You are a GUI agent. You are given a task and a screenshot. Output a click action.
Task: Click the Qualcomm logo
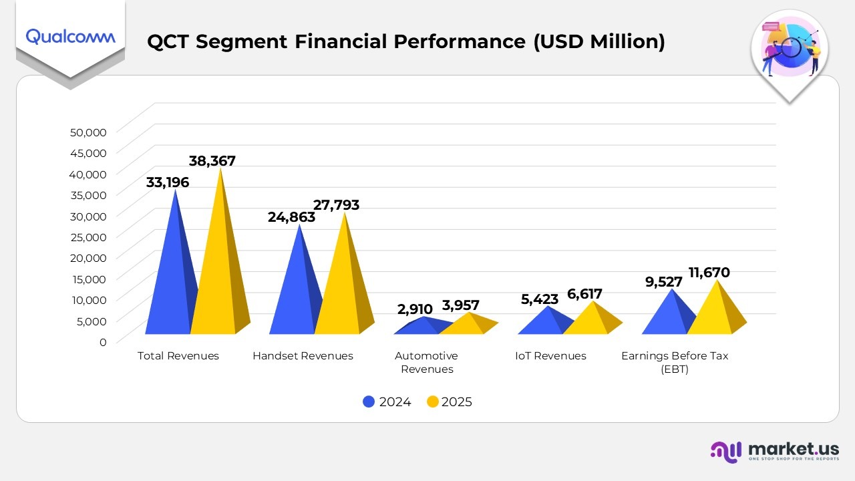70,37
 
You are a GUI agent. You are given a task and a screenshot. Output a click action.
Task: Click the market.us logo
774,451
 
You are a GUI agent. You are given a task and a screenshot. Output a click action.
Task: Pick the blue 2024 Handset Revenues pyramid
295,294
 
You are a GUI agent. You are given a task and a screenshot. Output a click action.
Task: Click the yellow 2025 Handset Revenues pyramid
341,287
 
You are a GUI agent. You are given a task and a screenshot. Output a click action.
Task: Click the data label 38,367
212,161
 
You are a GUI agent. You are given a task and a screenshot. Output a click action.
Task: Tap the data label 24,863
291,217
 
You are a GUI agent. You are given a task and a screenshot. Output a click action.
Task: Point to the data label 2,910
415,309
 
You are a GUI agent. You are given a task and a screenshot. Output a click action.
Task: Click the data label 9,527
663,282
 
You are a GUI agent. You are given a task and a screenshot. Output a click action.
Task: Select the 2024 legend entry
387,402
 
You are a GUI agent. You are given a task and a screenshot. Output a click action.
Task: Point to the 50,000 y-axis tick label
88,132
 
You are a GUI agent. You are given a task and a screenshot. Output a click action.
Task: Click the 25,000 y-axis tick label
88,236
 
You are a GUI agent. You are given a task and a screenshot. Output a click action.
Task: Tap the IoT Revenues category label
550,356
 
